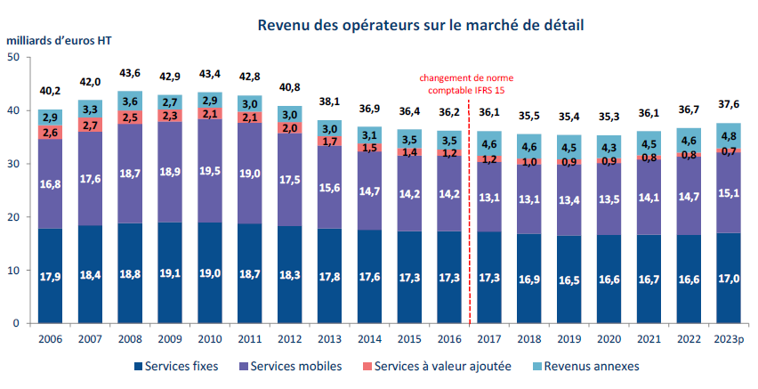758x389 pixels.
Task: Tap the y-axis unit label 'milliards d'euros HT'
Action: click(60, 42)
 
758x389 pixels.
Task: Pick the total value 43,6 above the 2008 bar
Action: click(130, 73)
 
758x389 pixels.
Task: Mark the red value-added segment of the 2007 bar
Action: click(90, 125)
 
